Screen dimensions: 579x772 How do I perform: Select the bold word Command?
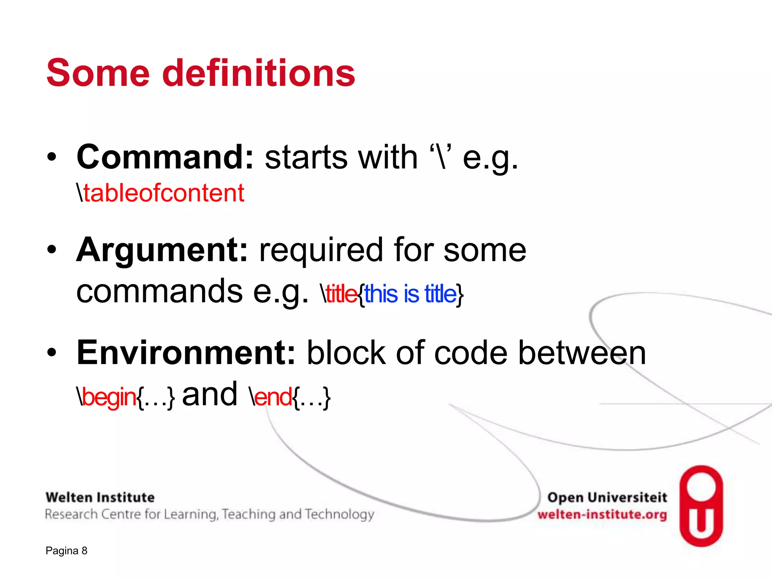pyautogui.click(x=165, y=157)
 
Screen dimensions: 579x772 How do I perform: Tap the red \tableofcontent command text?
pyautogui.click(x=161, y=193)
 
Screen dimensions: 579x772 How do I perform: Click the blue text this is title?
pyautogui.click(x=410, y=294)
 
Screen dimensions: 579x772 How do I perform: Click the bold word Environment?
pyautogui.click(x=186, y=353)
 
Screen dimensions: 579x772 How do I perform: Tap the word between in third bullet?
pyautogui.click(x=582, y=353)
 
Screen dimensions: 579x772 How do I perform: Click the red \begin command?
pyautogui.click(x=107, y=397)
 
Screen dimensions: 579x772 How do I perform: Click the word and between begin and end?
pyautogui.click(x=210, y=395)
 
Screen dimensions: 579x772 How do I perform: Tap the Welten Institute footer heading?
pyautogui.click(x=100, y=498)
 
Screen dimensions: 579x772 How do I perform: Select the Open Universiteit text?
pyautogui.click(x=607, y=498)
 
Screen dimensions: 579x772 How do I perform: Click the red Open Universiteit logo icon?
pyautogui.click(x=701, y=506)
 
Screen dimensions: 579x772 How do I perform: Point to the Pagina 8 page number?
pyautogui.click(x=66, y=551)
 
